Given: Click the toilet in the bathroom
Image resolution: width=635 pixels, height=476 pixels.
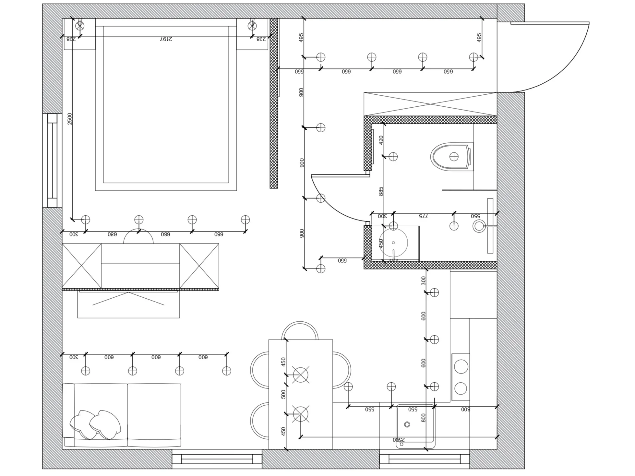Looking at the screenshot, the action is [x=451, y=157].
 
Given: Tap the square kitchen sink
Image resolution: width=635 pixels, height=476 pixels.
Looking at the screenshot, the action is [x=415, y=426].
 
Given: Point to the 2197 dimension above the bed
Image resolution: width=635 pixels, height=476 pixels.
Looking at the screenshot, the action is [x=166, y=39].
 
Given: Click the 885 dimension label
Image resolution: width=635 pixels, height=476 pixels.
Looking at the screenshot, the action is [x=381, y=191].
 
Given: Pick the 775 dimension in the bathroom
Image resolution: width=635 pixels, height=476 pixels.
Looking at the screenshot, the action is [x=423, y=216].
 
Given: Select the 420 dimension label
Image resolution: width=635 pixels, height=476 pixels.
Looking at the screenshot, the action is [x=381, y=140].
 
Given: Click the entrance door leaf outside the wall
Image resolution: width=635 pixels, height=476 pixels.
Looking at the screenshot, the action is [x=550, y=23].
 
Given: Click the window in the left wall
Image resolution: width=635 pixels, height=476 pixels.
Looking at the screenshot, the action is [x=52, y=161].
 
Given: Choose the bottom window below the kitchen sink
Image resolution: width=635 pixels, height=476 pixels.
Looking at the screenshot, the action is [x=425, y=459].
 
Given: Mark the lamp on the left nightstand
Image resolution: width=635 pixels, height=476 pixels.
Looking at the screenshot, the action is [x=80, y=26].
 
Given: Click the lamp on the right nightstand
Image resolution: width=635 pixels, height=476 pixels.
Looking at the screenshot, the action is [x=252, y=26].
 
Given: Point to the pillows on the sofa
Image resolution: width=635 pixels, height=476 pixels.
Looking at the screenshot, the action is [x=95, y=424].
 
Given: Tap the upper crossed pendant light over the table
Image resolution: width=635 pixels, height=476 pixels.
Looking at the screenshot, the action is [x=301, y=375].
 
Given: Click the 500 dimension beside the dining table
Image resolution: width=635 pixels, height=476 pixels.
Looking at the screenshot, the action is [x=283, y=394].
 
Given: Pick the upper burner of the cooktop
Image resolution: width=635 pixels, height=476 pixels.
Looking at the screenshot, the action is [x=461, y=367].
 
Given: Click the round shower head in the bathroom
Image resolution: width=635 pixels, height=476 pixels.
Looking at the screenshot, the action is [x=479, y=226].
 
